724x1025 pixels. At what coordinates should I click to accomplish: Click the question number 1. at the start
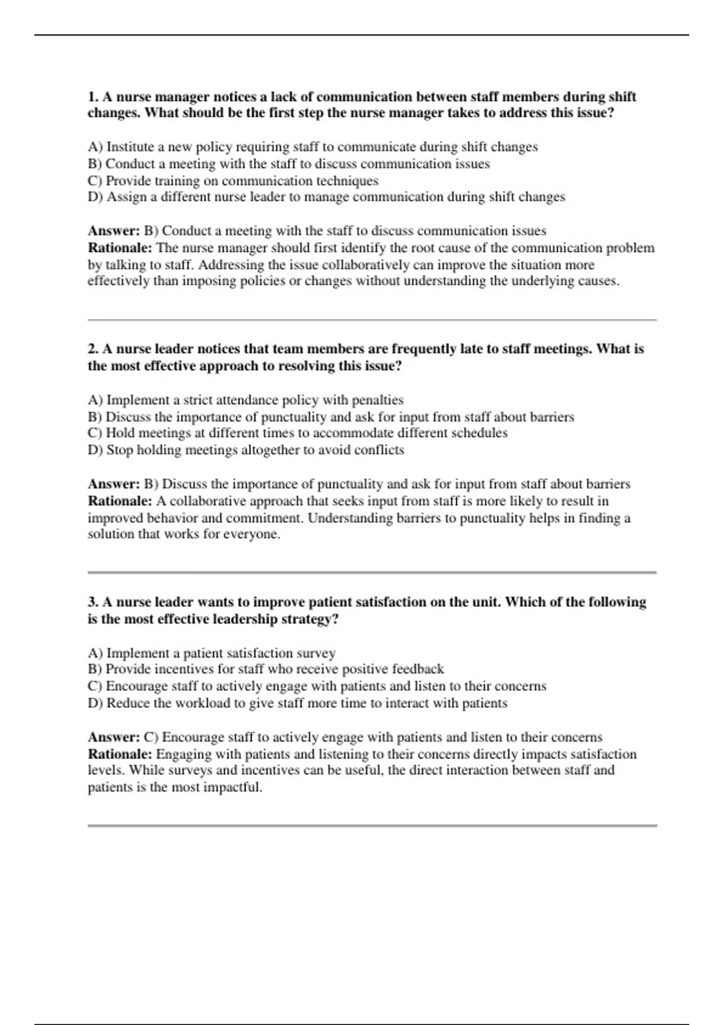coord(94,97)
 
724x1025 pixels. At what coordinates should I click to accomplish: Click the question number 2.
coord(94,349)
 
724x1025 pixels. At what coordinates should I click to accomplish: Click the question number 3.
coord(94,602)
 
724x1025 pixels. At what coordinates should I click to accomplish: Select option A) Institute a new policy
coord(312,147)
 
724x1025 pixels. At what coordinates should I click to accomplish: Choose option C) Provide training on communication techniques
coord(233,181)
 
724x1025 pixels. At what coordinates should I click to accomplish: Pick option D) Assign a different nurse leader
coord(326,197)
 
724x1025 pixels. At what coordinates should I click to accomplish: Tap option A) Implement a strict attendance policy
coord(246,400)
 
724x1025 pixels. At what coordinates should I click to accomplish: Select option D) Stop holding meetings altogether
coord(246,450)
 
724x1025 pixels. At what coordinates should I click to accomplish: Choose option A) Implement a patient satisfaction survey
coord(211,654)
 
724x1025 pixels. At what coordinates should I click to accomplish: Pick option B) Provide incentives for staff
coord(265,669)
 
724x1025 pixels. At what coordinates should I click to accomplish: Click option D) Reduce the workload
coord(297,704)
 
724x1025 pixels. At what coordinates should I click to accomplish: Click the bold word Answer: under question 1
coord(113,231)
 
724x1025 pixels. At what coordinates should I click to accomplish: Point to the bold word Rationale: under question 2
coord(120,501)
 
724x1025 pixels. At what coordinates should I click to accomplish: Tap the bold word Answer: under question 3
coord(113,737)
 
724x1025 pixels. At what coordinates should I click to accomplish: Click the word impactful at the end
coord(233,787)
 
